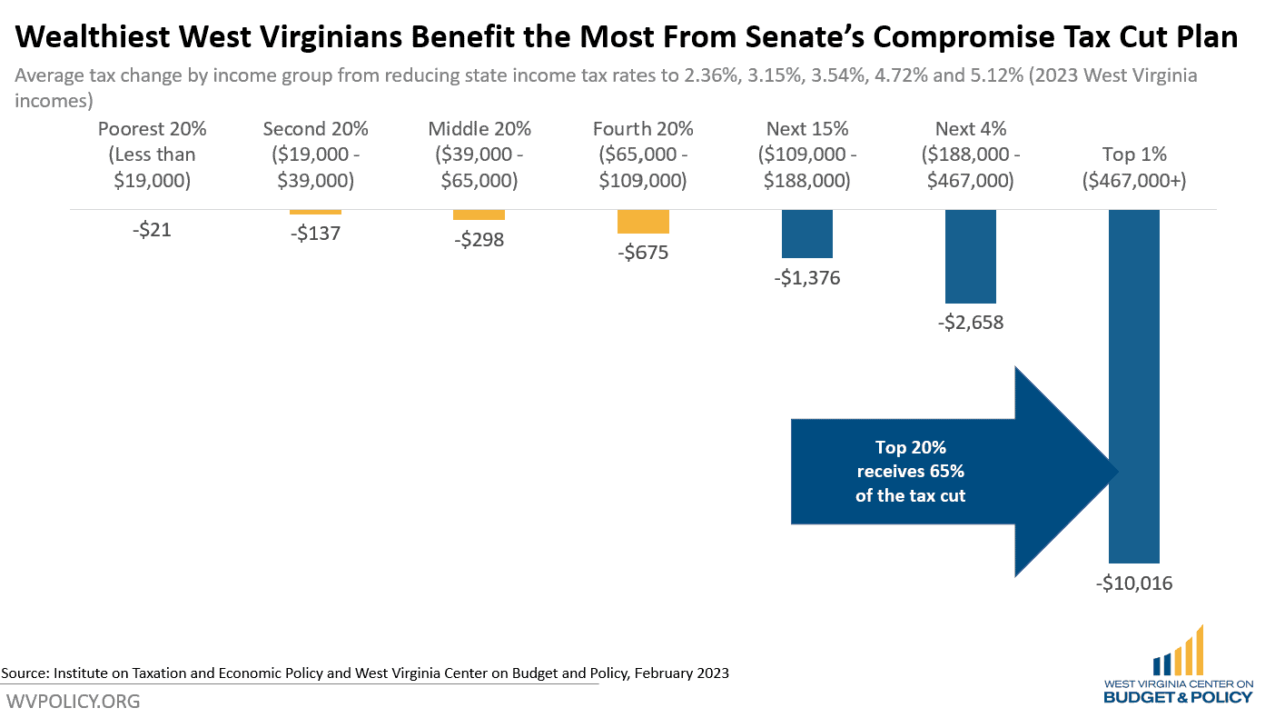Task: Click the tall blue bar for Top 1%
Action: click(x=1133, y=386)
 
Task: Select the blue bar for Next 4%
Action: click(x=970, y=256)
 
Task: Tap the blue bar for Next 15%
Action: click(x=806, y=234)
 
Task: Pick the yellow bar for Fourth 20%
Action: click(x=643, y=222)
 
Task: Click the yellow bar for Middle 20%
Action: click(x=479, y=214)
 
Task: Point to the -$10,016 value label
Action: click(x=1133, y=583)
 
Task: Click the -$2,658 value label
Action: click(x=970, y=322)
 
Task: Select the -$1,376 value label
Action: click(x=806, y=278)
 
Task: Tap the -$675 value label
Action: click(x=643, y=253)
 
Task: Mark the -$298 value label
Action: click(x=479, y=240)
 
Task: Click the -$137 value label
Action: click(x=315, y=233)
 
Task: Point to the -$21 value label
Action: click(x=152, y=230)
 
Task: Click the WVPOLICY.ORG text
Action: click(x=74, y=702)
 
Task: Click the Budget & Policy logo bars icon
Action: click(x=1177, y=651)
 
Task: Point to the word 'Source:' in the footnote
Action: click(x=25, y=673)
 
